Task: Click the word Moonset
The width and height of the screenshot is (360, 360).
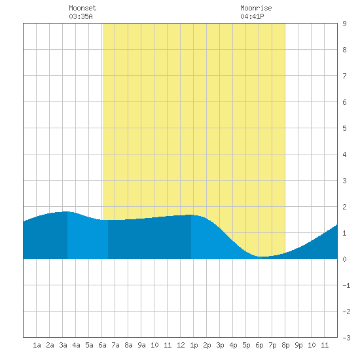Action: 82,8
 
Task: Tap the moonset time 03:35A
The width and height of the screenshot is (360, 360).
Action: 81,16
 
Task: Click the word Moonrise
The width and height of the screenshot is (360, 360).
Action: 256,8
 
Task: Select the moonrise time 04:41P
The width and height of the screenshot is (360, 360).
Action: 252,16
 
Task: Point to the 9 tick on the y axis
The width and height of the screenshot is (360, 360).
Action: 344,24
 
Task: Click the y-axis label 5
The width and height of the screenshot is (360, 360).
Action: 344,128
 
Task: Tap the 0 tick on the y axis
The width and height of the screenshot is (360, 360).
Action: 344,259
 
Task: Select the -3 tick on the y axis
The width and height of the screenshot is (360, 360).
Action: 346,338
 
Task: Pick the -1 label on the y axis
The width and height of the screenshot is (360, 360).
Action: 346,285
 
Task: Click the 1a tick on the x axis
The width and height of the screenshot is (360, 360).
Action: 37,345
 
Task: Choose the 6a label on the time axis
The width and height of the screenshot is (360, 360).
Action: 102,345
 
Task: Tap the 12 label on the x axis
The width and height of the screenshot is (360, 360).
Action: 181,345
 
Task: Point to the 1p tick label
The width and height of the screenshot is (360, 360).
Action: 194,345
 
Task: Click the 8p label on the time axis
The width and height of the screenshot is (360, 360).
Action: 285,345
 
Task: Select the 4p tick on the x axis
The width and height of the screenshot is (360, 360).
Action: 233,345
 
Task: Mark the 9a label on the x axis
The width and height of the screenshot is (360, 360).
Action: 141,345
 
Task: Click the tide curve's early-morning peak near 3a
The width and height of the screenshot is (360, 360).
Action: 66,211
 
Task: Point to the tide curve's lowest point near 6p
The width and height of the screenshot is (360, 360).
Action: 262,257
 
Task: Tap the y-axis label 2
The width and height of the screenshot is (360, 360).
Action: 344,207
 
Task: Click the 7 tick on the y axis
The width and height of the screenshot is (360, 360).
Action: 344,76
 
